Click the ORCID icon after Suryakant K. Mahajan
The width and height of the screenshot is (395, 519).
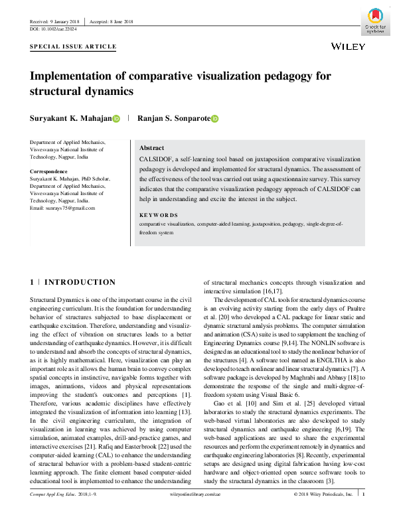[116, 119]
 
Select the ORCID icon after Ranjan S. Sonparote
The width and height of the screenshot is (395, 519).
[214, 119]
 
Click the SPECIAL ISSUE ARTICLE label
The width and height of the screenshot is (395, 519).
[73, 47]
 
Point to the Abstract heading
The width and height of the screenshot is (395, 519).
[151, 148]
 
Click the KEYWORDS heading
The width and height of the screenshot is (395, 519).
[159, 215]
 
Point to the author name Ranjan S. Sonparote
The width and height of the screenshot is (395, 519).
[173, 119]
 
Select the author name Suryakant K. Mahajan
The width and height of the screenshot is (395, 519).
[70, 119]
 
